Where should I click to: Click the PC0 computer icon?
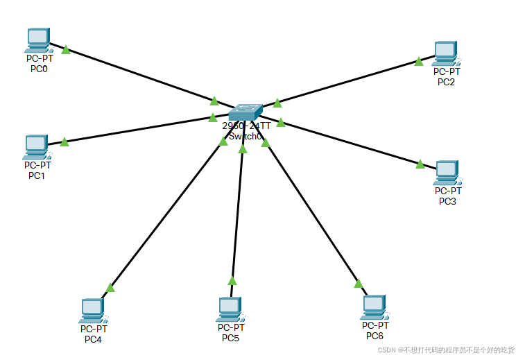click(x=37, y=40)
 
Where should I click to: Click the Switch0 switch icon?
click(x=246, y=112)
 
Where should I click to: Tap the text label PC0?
click(x=38, y=69)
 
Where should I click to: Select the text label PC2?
click(x=446, y=82)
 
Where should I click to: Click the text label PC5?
click(x=230, y=338)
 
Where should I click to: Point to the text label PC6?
click(x=375, y=336)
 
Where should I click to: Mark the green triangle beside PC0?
click(x=66, y=49)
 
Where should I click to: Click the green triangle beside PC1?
click(x=64, y=142)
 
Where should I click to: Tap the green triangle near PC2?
click(x=419, y=62)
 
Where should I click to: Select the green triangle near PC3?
click(x=420, y=164)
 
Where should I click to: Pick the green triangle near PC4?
click(x=110, y=287)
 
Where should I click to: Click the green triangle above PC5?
click(x=232, y=281)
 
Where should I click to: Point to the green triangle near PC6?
click(x=358, y=283)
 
